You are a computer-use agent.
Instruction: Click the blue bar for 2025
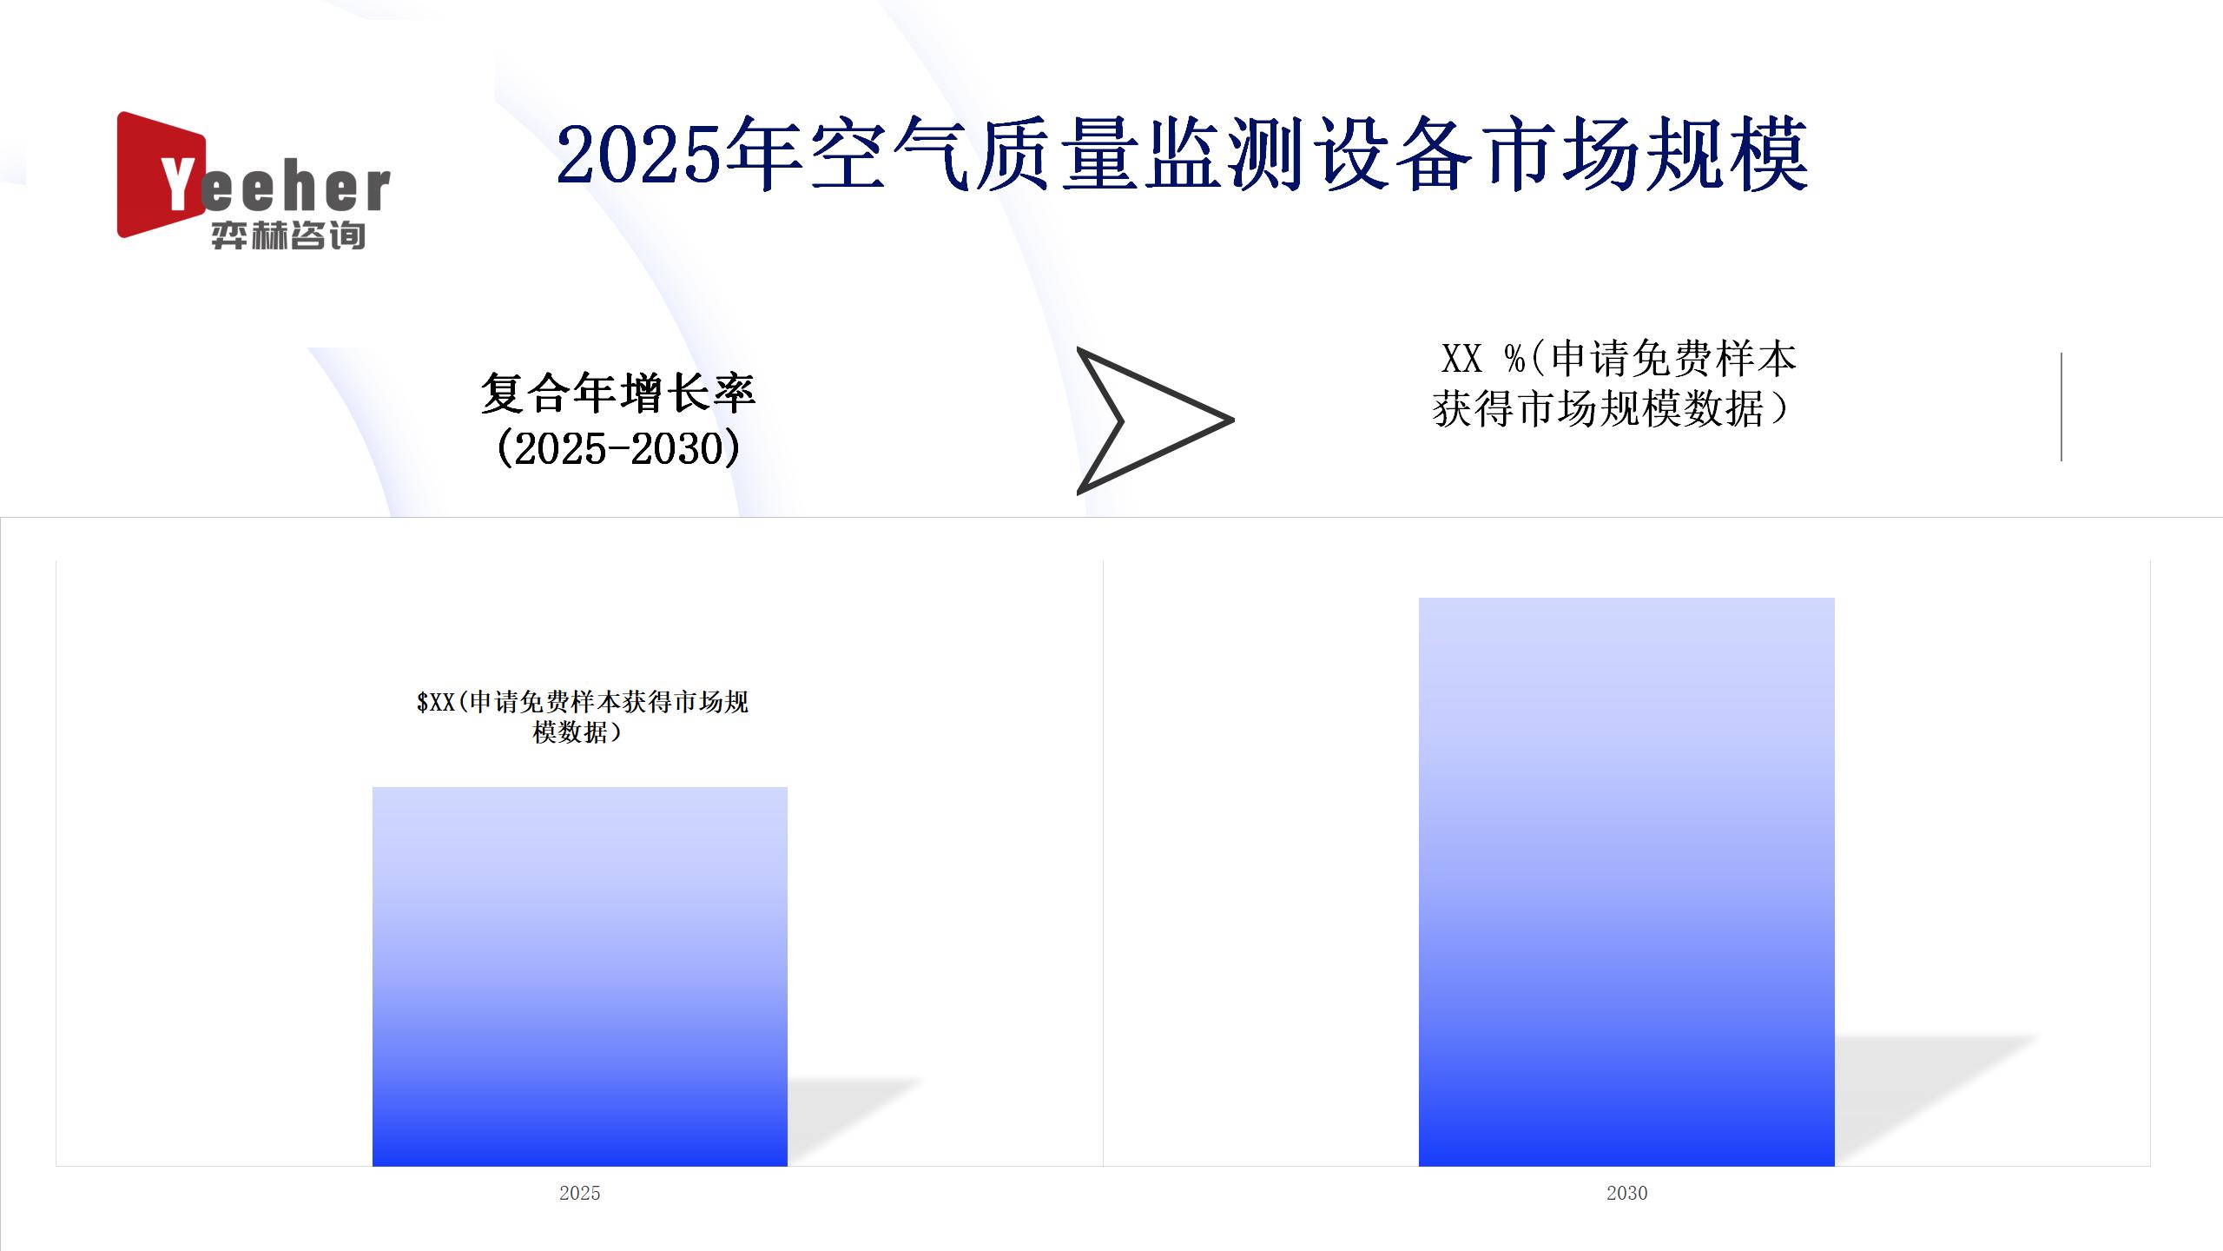580,976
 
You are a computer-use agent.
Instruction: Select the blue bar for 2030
1626,882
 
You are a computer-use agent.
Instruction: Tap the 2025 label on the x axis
580,1193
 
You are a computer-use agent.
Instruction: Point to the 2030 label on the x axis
1626,1193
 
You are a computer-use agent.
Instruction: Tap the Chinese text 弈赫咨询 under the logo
288,235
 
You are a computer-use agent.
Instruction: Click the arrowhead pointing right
1155,420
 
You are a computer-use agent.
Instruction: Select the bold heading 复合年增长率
618,393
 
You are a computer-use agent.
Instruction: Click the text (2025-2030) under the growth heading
618,448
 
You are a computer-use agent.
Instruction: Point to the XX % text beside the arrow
1483,358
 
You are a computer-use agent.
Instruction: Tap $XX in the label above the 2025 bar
436,702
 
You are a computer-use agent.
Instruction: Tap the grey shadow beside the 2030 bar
1936,1099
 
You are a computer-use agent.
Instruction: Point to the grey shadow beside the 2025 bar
855,1121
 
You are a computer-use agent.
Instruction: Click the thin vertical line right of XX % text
2061,407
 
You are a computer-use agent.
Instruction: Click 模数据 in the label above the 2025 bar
570,732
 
